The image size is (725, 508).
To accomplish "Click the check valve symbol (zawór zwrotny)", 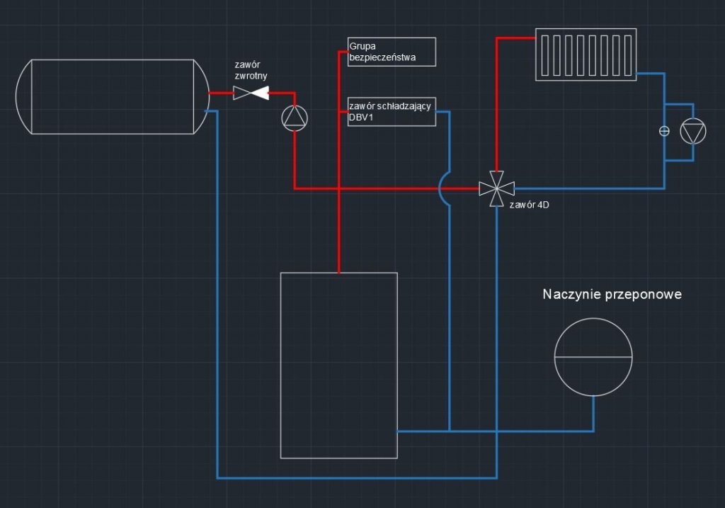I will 251,93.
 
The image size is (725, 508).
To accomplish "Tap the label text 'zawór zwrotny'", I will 251,69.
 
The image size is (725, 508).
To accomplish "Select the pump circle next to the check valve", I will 295,118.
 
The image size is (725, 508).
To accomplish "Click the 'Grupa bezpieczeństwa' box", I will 392,52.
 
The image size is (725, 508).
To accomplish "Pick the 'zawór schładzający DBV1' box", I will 392,112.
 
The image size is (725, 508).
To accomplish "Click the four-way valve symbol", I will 496,188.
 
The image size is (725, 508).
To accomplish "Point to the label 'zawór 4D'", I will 529,205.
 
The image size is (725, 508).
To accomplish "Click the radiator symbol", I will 586,55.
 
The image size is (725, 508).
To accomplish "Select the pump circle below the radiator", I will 692,132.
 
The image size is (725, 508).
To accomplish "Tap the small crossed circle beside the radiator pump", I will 664,131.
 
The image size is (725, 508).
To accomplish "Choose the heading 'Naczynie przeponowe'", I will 612,294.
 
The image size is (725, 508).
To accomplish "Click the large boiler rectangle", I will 338,365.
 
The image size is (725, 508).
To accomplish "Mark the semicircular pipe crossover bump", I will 443,188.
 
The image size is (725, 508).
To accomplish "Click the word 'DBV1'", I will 361,118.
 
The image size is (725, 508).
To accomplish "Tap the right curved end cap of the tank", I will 200,97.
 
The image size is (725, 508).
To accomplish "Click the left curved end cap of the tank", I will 23,97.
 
